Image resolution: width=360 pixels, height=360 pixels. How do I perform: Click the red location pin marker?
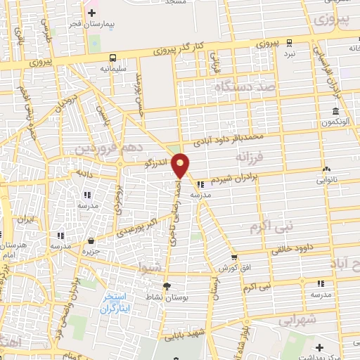point(181,165)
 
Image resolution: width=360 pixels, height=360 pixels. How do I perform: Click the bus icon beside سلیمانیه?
point(113,58)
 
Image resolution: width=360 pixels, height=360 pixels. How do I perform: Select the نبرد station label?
point(288,53)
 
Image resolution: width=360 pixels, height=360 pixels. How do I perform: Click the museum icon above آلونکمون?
point(335,113)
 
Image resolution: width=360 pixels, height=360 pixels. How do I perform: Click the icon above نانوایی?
point(326,169)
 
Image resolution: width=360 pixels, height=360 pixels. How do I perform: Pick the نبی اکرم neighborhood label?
point(270,227)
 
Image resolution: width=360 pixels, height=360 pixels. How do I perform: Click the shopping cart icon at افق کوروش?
point(234,257)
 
